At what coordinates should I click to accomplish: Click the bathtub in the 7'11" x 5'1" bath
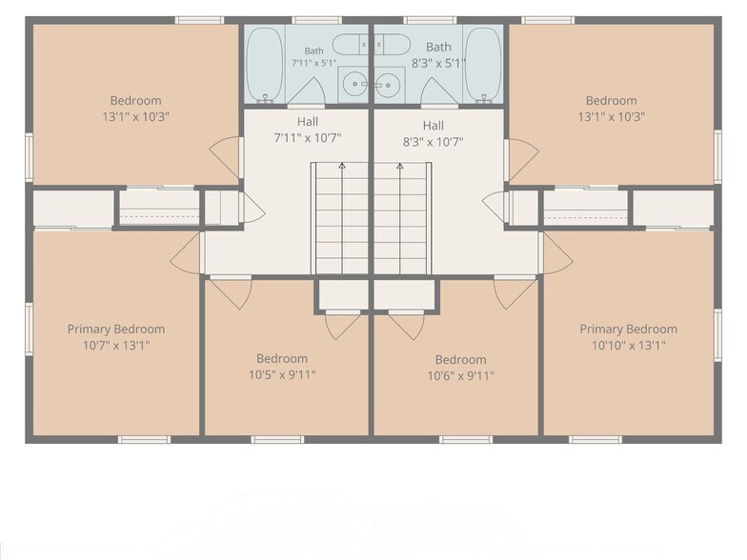tap(265, 65)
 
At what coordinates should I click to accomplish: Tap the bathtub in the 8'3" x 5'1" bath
tap(483, 65)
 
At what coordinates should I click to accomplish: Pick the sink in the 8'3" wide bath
tap(389, 85)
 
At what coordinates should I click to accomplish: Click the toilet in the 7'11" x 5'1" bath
tap(350, 45)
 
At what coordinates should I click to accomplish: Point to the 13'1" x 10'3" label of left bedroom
tap(135, 116)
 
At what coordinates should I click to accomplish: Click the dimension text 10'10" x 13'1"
tap(629, 345)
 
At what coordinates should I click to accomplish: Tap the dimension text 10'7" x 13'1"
tap(116, 345)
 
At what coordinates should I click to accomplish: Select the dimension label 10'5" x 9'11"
tap(282, 375)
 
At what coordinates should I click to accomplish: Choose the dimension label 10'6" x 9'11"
tap(461, 375)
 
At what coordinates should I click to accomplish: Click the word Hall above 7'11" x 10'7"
tap(307, 122)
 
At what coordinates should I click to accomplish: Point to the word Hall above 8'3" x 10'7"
tap(433, 126)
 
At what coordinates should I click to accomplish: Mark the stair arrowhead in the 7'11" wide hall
tap(341, 166)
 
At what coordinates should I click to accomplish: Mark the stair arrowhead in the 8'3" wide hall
tap(400, 166)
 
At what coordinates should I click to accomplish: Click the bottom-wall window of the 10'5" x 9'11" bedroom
tap(277, 440)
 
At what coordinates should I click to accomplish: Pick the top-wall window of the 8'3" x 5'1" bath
tap(430, 20)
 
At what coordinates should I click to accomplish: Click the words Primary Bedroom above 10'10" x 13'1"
tap(629, 330)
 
